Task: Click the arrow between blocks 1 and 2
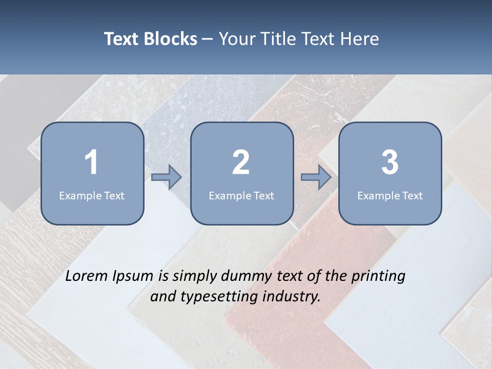pos(167,177)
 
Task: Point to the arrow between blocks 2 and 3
pos(316,177)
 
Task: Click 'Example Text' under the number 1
pos(92,195)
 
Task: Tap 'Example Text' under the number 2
pos(241,195)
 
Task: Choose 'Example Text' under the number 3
pos(390,195)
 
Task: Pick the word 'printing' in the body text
pos(378,276)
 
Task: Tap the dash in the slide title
pos(208,39)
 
